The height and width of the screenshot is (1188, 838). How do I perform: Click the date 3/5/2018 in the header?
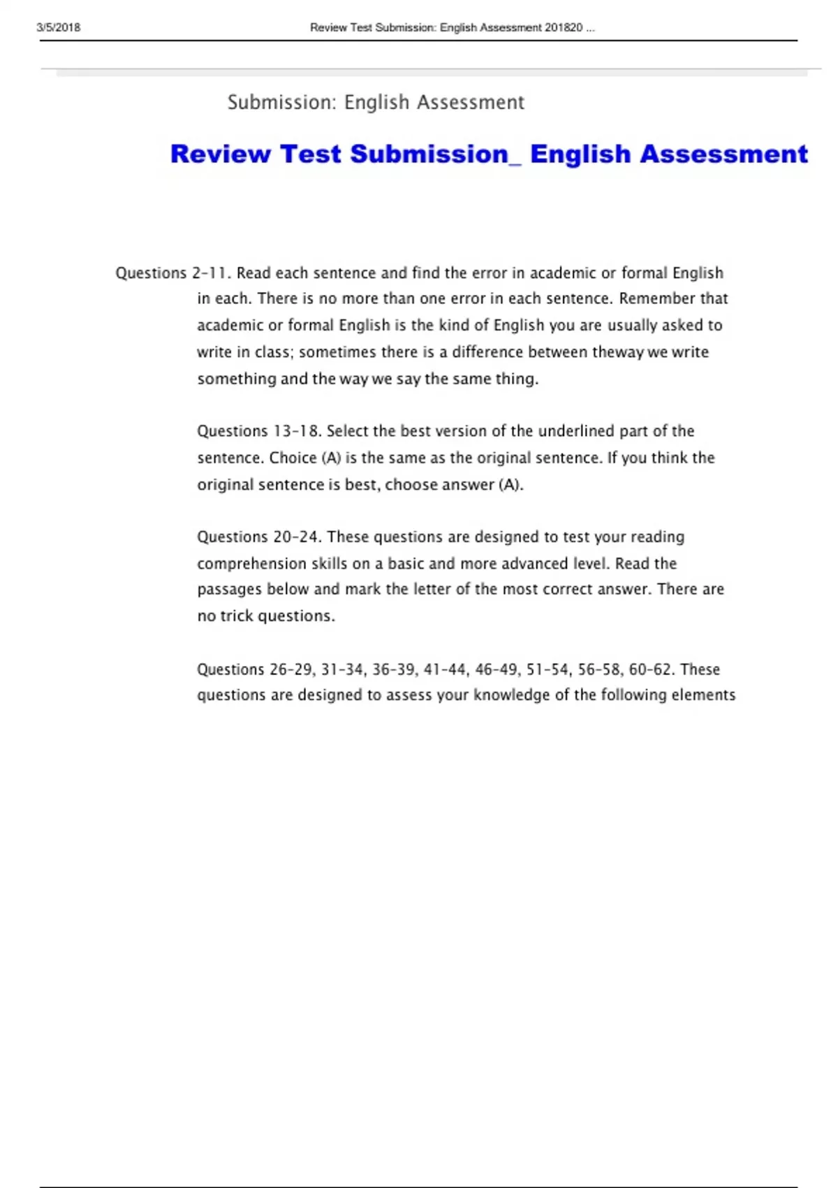59,28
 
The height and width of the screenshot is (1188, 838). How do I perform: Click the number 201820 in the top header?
564,28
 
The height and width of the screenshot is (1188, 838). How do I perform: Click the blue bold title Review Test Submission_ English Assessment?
489,154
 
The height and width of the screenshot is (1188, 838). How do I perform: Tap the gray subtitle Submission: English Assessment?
376,103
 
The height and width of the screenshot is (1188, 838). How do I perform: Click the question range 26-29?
291,669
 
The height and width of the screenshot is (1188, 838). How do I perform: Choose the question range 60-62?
651,669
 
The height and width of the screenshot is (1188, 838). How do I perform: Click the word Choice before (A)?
293,458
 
